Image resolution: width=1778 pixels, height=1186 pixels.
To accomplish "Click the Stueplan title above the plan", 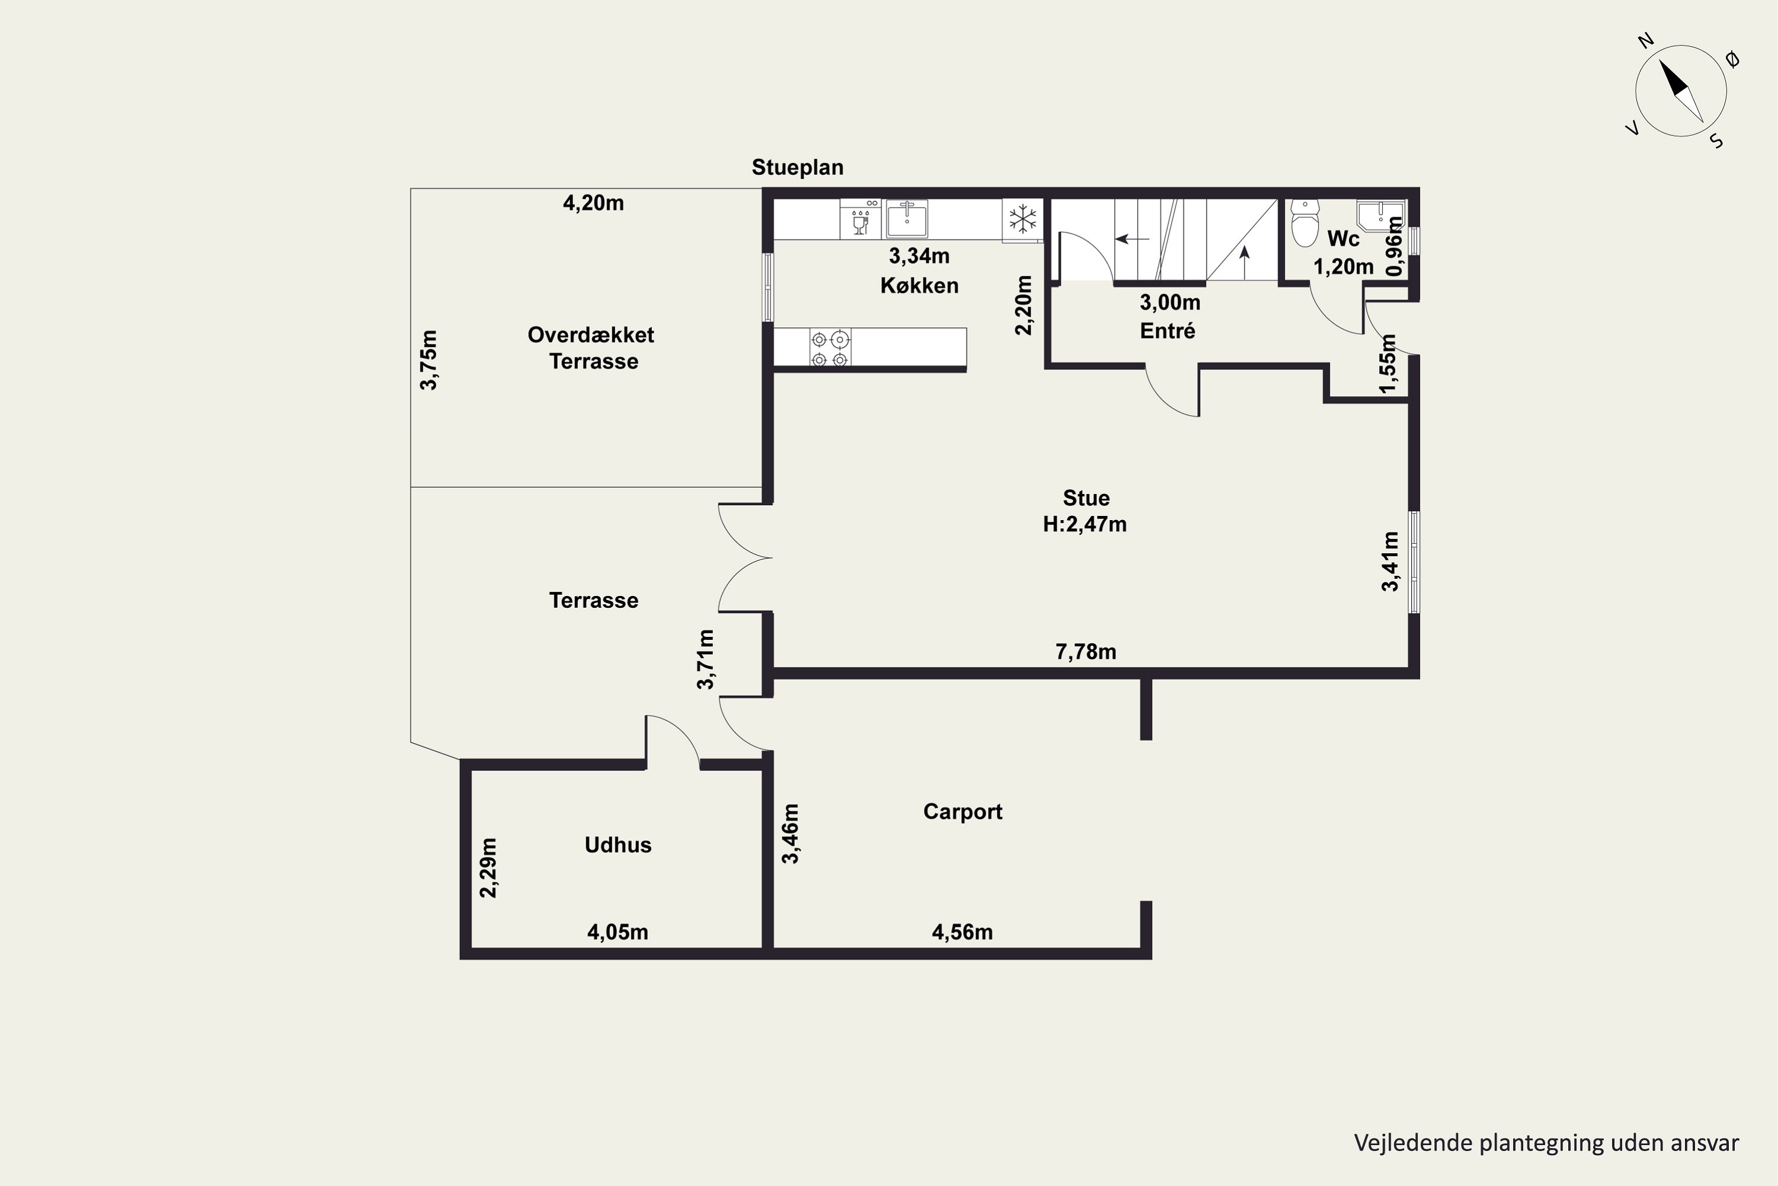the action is click(x=798, y=167).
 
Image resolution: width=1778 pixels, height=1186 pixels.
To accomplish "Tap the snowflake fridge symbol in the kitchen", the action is click(x=1023, y=219).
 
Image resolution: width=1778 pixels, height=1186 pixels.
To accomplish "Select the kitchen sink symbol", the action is click(x=906, y=219).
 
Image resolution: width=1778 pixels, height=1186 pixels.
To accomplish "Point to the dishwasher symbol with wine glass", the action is click(x=861, y=219).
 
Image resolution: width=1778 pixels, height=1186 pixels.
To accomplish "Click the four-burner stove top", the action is click(x=829, y=348).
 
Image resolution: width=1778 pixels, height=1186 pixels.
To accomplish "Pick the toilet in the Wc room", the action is click(x=1305, y=222).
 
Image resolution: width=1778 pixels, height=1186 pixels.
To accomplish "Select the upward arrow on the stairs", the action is click(x=1244, y=263).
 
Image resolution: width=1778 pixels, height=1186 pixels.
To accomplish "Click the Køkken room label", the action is click(x=919, y=285).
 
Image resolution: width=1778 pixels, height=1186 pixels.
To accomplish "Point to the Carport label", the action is click(x=962, y=812).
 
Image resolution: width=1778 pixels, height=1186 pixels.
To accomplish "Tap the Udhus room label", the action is click(x=618, y=845).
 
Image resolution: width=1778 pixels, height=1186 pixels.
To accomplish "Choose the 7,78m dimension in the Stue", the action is click(x=1086, y=651).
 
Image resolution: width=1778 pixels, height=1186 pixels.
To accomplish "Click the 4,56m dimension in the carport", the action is click(x=962, y=932).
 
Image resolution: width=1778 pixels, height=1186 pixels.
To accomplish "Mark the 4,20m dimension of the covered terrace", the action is click(x=593, y=203).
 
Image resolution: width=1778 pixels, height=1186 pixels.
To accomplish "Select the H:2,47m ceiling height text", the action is click(x=1085, y=524).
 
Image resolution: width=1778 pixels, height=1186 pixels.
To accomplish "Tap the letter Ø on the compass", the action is click(x=1734, y=59).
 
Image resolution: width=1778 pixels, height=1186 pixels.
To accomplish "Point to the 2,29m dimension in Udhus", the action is click(x=488, y=868).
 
